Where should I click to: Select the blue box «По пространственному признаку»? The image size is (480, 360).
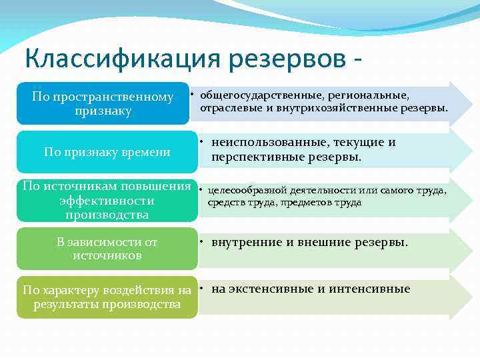tap(103, 103)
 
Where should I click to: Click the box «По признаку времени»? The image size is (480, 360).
tap(107, 152)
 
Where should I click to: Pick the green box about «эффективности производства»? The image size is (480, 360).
tap(107, 200)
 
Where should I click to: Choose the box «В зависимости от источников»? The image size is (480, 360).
tap(107, 248)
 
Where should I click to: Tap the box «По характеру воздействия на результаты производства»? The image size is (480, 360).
tap(107, 297)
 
